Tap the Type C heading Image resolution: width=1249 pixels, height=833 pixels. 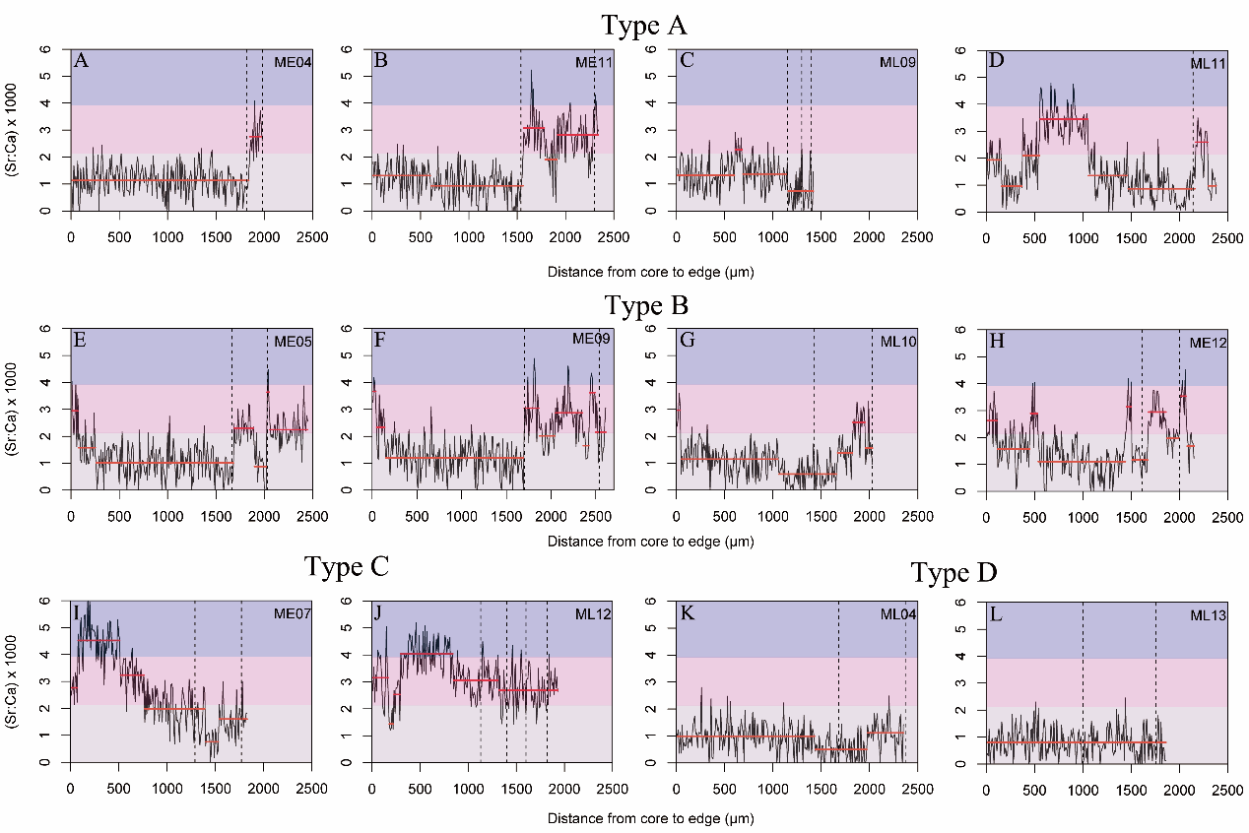coord(347,566)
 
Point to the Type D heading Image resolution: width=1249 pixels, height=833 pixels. coord(953,573)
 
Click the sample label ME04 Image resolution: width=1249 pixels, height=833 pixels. coord(292,63)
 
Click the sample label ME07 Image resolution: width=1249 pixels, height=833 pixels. coord(293,616)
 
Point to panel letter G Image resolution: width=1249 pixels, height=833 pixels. coord(687,342)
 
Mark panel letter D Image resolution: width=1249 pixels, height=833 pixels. coord(994,62)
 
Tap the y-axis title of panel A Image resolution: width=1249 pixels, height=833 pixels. coord(18,129)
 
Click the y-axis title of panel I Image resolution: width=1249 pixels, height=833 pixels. coord(18,680)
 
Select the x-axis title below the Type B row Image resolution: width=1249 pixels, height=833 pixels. coord(650,542)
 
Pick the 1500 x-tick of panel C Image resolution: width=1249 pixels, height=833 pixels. coord(821,237)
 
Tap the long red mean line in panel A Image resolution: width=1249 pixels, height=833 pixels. coord(158,180)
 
